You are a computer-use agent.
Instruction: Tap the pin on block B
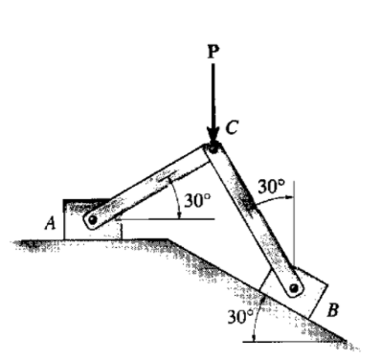[295, 287]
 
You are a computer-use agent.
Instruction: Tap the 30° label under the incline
[238, 316]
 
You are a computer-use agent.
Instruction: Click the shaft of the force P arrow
[213, 96]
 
